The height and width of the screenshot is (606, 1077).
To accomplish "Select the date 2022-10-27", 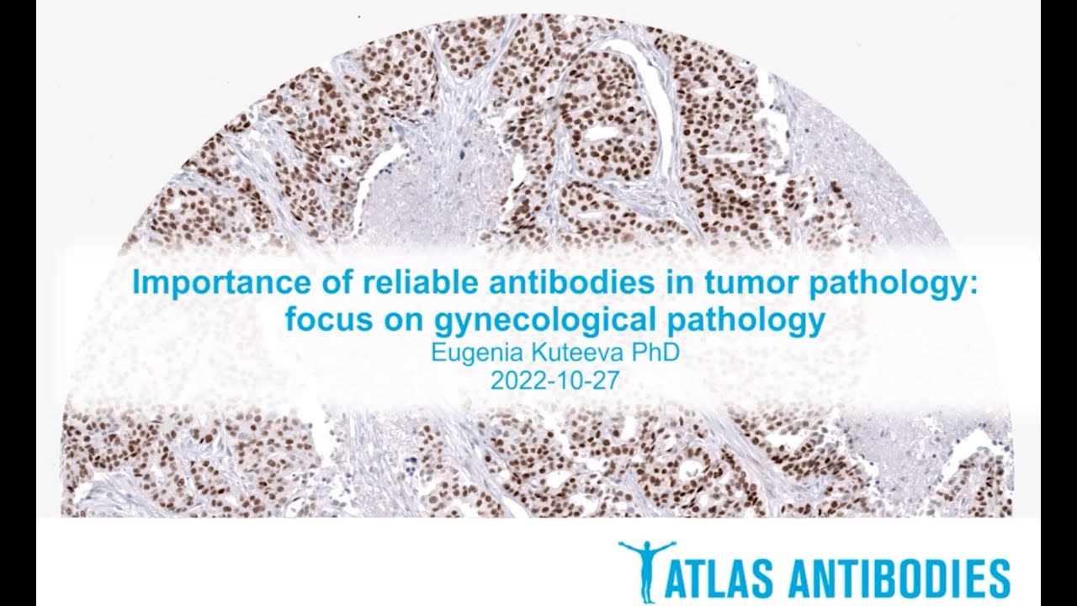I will [554, 380].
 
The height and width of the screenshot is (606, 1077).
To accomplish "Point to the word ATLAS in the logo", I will [738, 579].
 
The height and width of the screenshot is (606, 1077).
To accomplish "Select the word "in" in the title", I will [621, 283].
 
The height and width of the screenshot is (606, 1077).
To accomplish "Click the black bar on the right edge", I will [1058, 303].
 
